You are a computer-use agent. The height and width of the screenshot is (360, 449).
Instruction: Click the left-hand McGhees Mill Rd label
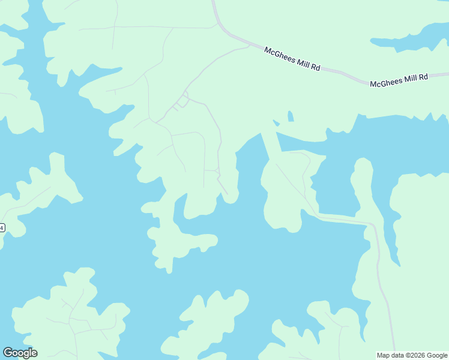click(x=292, y=59)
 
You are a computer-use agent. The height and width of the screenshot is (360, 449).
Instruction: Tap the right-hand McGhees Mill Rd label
click(x=399, y=80)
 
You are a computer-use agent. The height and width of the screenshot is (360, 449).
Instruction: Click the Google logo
click(x=20, y=353)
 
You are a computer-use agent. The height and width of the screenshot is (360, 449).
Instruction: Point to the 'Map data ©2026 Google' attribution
click(x=412, y=355)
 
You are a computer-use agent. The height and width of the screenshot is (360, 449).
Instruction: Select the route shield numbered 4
click(x=2, y=228)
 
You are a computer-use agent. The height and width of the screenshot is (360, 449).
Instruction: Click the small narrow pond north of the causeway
click(x=291, y=116)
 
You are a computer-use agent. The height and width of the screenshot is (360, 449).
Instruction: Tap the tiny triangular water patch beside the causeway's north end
click(x=276, y=123)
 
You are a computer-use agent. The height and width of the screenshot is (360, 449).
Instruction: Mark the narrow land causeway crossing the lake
click(x=271, y=145)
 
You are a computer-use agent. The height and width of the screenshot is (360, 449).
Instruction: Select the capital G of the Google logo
click(x=8, y=353)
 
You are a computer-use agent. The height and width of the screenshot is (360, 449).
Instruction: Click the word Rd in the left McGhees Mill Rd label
click(x=315, y=67)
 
